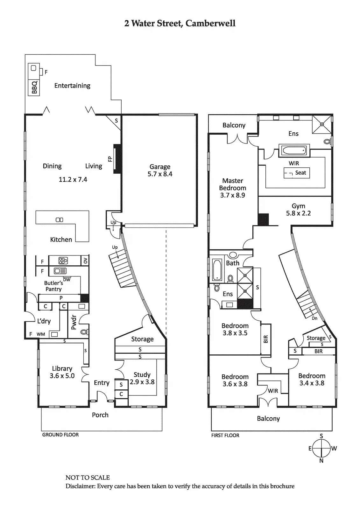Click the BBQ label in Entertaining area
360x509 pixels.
tap(34, 87)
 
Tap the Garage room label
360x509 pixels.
tap(160, 167)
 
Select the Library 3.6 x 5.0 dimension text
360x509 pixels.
tap(62, 376)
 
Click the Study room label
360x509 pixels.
tap(142, 375)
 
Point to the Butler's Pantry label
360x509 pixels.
tap(53, 286)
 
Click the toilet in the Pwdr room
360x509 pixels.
tap(84, 332)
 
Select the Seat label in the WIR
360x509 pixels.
tap(300, 173)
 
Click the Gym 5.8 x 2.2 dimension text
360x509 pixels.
tap(298, 213)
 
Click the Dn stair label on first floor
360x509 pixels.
tap(314, 318)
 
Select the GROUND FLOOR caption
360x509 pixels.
tap(60, 435)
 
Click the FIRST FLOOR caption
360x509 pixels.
tap(225, 436)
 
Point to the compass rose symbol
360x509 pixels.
tap(321, 448)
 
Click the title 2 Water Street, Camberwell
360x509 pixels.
tap(180, 24)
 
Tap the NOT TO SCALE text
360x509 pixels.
tap(88, 478)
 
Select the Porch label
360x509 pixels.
tap(100, 415)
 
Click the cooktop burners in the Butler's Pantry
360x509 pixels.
tap(63, 261)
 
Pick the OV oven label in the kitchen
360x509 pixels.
tap(85, 261)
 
